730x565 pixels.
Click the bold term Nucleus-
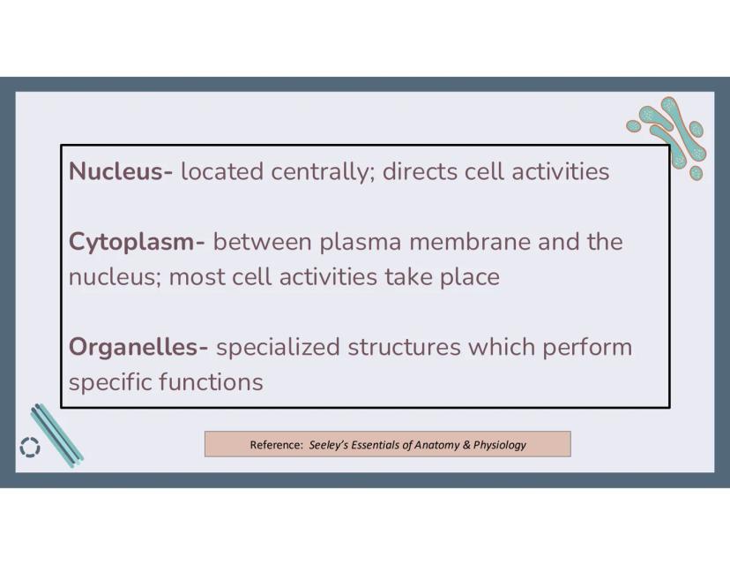(x=121, y=171)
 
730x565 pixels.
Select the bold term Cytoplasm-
(x=137, y=243)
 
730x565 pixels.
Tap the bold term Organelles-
(x=138, y=348)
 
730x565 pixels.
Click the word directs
(x=420, y=171)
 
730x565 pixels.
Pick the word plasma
(x=361, y=243)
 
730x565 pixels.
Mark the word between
(x=262, y=242)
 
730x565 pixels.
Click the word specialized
(x=278, y=348)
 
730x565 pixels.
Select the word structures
(x=404, y=347)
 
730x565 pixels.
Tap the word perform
(x=587, y=348)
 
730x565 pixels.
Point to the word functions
(x=212, y=381)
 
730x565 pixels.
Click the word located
(x=222, y=171)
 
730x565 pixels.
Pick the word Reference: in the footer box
(x=277, y=445)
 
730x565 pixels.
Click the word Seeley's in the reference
(x=329, y=445)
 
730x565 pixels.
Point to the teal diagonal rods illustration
(x=57, y=435)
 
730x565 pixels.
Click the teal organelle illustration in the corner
(x=670, y=135)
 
